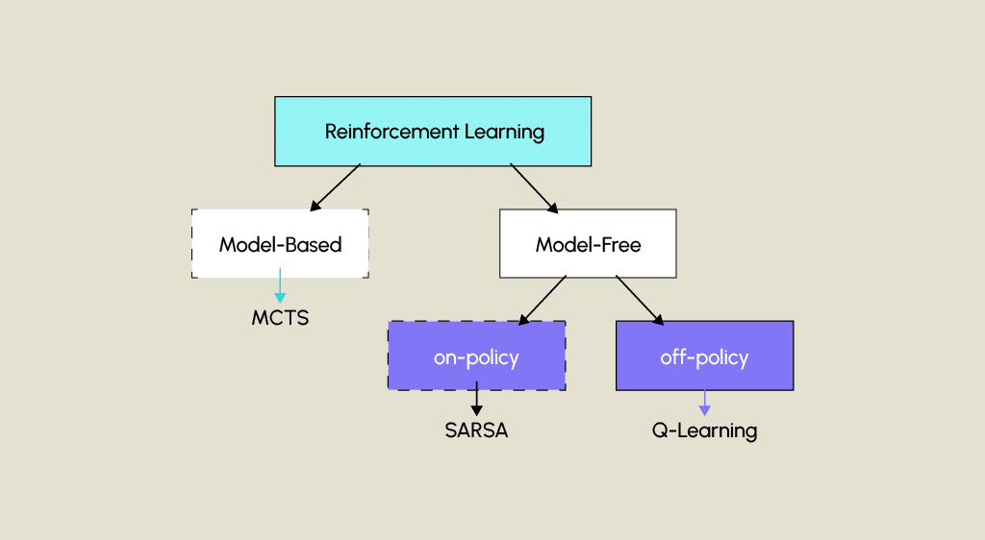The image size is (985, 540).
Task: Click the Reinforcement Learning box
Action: point(433,132)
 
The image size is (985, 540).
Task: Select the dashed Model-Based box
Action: point(280,244)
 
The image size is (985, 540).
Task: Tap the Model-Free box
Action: point(588,244)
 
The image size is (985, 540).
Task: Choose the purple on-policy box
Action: point(476,356)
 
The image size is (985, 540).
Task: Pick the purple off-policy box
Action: point(704,356)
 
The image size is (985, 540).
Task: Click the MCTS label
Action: point(280,318)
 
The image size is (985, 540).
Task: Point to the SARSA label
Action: point(476,430)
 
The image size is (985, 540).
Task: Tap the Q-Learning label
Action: point(704,430)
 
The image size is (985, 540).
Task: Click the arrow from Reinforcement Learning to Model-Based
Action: point(336,186)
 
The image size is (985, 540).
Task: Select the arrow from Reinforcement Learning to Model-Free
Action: point(533,186)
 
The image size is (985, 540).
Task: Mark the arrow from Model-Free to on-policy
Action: point(543,299)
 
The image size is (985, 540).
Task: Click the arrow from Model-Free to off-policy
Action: point(640,300)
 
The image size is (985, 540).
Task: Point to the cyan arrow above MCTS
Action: point(280,286)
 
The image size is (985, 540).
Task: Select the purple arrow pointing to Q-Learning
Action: point(704,402)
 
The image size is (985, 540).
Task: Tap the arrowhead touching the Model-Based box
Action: point(315,206)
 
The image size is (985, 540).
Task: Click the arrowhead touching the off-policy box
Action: point(658,318)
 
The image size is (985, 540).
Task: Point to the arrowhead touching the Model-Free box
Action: point(552,206)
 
